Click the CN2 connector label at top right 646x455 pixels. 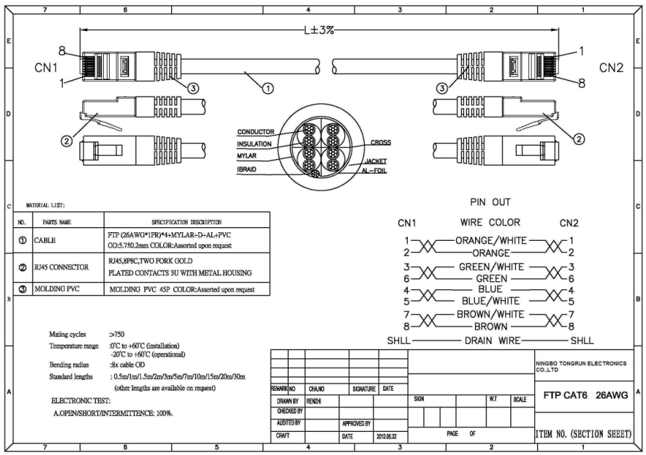(612, 67)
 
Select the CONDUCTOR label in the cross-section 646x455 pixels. (256, 132)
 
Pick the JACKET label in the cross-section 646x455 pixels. (377, 161)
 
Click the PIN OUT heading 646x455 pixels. (490, 203)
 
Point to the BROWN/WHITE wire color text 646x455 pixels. (492, 314)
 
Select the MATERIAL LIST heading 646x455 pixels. (47, 206)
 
